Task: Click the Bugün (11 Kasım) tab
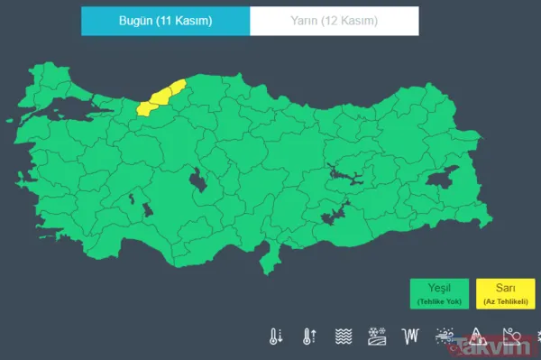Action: pyautogui.click(x=165, y=20)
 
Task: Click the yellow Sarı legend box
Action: pyautogui.click(x=505, y=293)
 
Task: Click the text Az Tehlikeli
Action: pyautogui.click(x=505, y=300)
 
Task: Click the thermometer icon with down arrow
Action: pyautogui.click(x=274, y=337)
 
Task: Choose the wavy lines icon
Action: pyautogui.click(x=344, y=337)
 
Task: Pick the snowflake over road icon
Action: pyautogui.click(x=378, y=337)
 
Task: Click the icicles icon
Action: pyautogui.click(x=412, y=337)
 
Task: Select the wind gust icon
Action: pyautogui.click(x=445, y=337)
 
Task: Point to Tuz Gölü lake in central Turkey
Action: pyautogui.click(x=196, y=182)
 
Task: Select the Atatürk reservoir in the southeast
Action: pyautogui.click(x=335, y=216)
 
